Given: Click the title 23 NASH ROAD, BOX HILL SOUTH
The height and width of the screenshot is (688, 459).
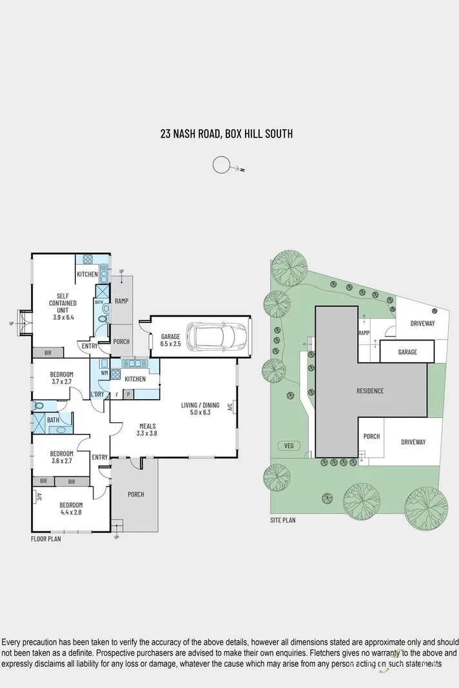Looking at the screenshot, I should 226,134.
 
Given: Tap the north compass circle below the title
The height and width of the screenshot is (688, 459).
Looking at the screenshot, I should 221,165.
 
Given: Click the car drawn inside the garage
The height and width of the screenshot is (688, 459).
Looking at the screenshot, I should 216,335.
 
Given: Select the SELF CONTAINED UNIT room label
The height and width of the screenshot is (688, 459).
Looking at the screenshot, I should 63,303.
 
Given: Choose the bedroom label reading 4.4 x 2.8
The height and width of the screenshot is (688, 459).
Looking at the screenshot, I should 71,509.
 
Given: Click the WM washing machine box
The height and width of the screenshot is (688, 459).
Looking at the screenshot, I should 104,373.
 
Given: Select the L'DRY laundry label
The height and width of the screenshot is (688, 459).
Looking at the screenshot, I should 98,394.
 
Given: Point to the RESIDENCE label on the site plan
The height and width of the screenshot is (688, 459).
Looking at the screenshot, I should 370,391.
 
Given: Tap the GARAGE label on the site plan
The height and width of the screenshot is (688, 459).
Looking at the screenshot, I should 407,352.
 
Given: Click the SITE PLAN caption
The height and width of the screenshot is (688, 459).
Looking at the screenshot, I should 283,520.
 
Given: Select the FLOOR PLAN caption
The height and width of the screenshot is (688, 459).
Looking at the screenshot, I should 46,539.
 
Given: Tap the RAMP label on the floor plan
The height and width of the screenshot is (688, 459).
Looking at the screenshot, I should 121,301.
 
